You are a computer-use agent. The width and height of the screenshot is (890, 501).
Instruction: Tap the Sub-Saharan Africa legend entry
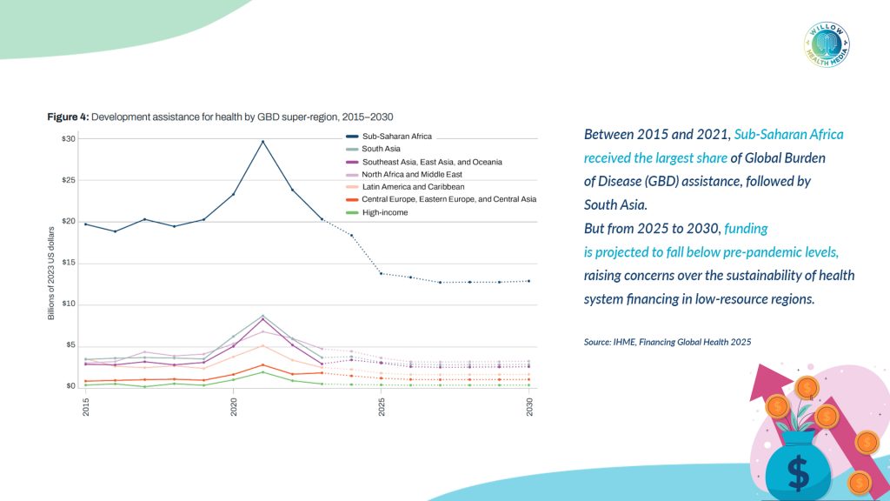pos(396,137)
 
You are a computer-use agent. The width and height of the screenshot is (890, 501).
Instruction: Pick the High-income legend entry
pos(383,211)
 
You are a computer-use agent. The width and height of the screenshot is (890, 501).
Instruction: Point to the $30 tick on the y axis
pos(69,139)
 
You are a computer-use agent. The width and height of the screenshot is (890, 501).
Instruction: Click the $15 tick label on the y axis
pos(69,263)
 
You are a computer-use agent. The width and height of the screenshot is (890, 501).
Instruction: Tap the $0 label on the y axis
pos(70,386)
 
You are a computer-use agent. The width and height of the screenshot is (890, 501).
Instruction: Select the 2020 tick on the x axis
pos(234,406)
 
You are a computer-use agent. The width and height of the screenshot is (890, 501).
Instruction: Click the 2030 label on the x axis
pos(530,406)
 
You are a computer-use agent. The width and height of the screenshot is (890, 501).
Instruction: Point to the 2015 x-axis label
pos(86,406)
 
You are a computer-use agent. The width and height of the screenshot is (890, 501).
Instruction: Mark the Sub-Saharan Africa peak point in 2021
pos(263,142)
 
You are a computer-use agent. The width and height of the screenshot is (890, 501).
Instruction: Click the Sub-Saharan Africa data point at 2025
pos(382,274)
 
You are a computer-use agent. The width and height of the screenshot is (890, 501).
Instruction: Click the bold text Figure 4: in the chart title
pos(67,117)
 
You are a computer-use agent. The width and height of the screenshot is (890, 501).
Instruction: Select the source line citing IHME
pos(667,343)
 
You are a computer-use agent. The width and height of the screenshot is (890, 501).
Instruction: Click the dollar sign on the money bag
pos(798,472)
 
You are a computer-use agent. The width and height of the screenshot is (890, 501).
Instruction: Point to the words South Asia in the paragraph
pos(615,204)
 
